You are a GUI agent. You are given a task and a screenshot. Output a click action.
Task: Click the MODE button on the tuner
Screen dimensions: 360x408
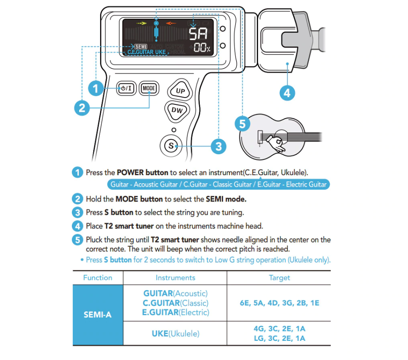149,89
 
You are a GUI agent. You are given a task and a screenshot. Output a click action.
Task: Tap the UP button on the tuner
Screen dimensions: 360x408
180,90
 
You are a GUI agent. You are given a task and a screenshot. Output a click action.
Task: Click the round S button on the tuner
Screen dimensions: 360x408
171,145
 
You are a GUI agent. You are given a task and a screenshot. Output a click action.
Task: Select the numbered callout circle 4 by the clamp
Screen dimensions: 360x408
287,93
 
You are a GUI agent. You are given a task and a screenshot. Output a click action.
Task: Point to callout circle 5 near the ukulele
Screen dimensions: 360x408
242,124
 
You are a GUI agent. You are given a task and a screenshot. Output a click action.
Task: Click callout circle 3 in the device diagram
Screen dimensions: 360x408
218,147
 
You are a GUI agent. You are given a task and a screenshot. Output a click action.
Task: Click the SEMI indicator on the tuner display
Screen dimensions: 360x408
140,46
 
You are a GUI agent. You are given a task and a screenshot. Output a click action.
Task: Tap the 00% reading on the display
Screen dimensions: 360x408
202,48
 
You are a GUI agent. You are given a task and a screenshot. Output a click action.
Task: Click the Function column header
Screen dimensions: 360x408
98,278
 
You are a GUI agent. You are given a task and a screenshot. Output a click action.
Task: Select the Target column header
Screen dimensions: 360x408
279,278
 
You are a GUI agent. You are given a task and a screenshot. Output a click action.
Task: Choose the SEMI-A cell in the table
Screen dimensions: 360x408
98,315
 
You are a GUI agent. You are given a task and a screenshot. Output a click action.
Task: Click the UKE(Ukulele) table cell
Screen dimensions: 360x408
175,334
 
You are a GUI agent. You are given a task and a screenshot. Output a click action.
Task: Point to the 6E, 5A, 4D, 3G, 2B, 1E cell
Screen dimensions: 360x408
279,303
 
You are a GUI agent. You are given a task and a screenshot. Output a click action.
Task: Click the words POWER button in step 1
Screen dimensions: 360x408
143,173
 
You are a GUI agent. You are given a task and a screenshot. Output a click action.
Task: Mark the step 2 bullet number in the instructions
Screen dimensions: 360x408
77,199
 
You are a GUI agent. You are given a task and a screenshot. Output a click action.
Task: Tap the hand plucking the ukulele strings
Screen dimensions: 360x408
279,144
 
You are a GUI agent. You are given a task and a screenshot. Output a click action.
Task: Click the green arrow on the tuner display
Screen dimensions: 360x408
141,23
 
